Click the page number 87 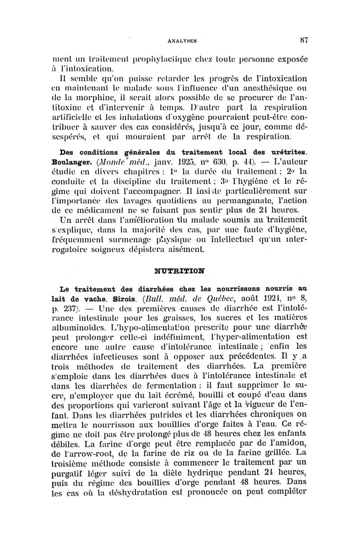tap(303, 39)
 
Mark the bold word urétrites tap(284, 152)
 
